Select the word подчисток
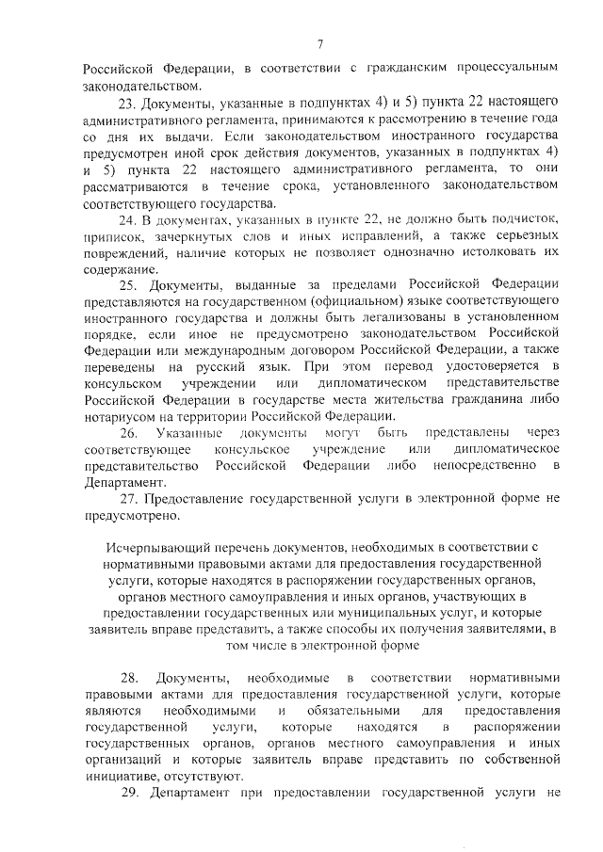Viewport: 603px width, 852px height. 530,219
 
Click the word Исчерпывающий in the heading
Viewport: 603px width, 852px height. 144,546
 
